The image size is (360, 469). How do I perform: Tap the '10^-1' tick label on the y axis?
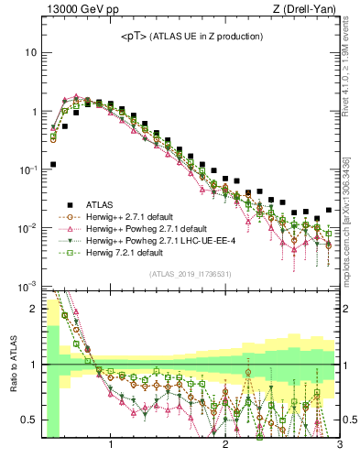pyautogui.click(x=28, y=169)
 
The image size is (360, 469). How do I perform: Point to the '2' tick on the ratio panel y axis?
pyautogui.click(x=34, y=310)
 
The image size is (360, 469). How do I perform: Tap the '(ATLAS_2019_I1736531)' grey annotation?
pyautogui.click(x=191, y=272)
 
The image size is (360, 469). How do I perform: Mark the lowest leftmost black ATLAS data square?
pyautogui.click(x=53, y=165)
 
